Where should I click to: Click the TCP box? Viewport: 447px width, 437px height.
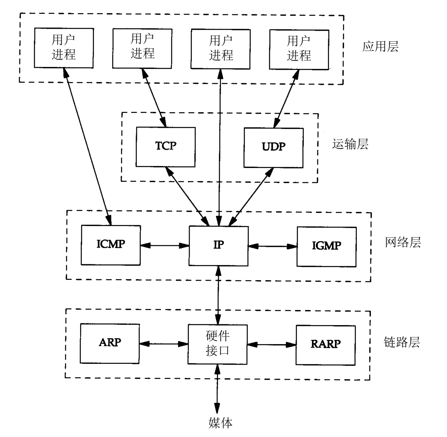(x=166, y=146)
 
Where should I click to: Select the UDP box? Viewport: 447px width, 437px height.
(x=274, y=147)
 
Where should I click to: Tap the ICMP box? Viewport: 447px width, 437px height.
(x=111, y=245)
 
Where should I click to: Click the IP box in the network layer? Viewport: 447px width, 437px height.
(x=218, y=245)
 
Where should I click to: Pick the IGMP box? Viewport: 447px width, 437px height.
(x=326, y=246)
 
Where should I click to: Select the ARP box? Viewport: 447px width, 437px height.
(x=110, y=343)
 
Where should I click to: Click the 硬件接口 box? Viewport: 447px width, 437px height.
(x=218, y=343)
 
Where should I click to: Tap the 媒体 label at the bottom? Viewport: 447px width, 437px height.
(x=220, y=423)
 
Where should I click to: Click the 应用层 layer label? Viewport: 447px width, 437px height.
(x=380, y=47)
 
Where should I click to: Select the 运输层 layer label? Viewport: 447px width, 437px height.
(x=350, y=144)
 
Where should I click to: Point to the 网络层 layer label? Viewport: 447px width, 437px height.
(x=403, y=243)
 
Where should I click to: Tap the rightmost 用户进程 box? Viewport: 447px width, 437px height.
(x=298, y=48)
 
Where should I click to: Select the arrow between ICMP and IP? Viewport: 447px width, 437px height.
(x=164, y=245)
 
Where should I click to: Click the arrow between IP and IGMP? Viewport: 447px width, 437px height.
(x=272, y=246)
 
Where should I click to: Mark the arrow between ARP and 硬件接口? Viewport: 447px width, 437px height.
(x=163, y=343)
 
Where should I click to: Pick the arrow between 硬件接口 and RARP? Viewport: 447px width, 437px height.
(x=272, y=344)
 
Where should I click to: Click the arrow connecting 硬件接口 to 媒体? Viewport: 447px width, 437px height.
(x=218, y=389)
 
